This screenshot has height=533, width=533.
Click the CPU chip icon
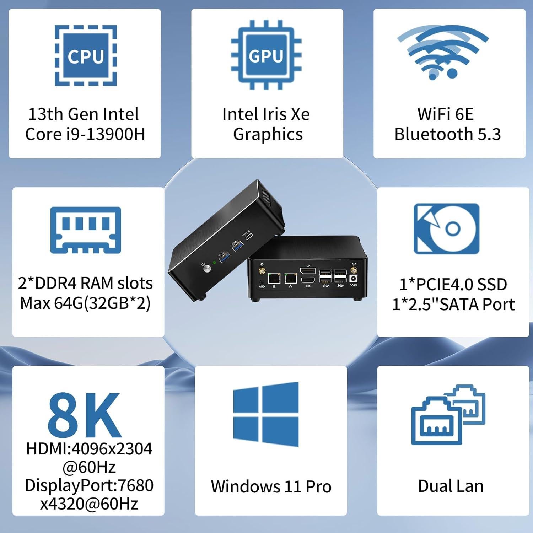(x=86, y=55)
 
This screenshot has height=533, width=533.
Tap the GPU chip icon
(x=266, y=55)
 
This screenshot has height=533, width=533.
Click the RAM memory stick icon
(x=86, y=230)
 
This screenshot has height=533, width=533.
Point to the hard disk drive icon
(x=446, y=229)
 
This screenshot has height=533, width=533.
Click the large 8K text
(x=85, y=415)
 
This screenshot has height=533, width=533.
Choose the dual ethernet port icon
(x=448, y=415)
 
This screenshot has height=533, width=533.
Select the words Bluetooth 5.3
(x=447, y=134)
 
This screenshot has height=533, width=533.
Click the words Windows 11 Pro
(x=271, y=486)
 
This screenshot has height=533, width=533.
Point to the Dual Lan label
(x=451, y=486)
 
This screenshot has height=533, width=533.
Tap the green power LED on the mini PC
(x=214, y=263)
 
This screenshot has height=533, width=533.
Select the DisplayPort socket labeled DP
(x=308, y=271)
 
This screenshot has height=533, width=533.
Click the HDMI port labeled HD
(x=308, y=280)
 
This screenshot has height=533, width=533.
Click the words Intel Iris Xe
(x=266, y=114)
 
